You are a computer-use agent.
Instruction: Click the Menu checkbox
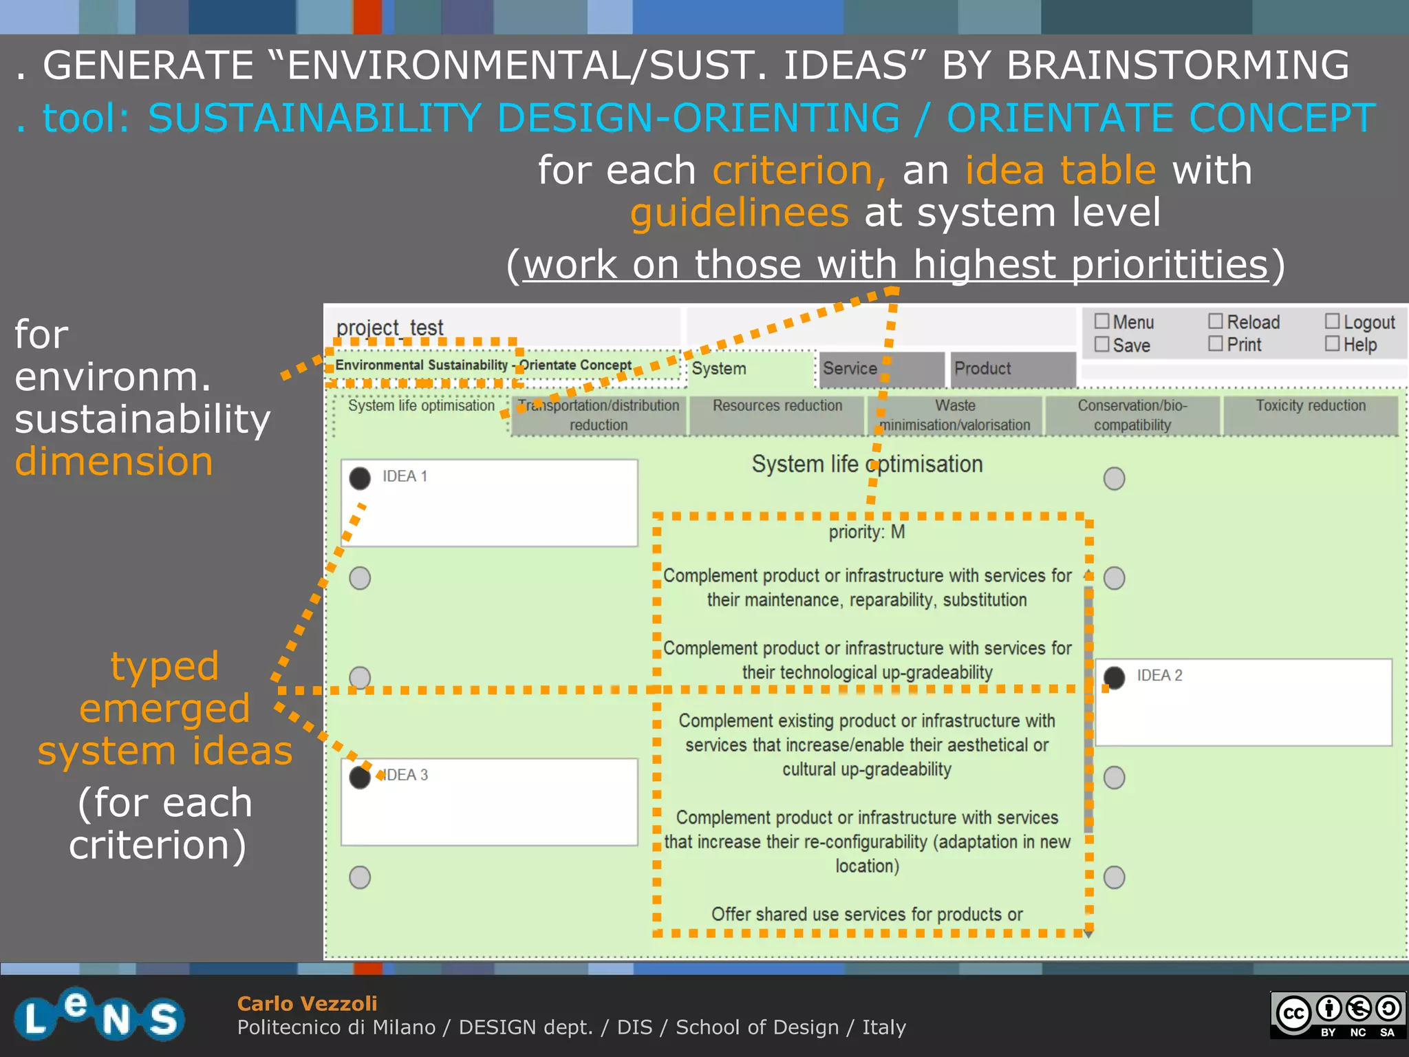pyautogui.click(x=1101, y=321)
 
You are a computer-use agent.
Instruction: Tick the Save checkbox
pyautogui.click(x=1101, y=344)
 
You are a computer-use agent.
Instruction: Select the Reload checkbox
pyautogui.click(x=1216, y=321)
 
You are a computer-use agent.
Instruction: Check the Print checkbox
pyautogui.click(x=1216, y=343)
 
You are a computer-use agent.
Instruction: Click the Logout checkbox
pyautogui.click(x=1333, y=321)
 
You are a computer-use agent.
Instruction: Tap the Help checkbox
pyautogui.click(x=1333, y=343)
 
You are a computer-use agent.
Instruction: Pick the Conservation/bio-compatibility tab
pyautogui.click(x=1132, y=415)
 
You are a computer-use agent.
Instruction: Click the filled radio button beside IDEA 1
pyautogui.click(x=360, y=478)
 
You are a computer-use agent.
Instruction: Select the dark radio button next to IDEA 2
pyautogui.click(x=1114, y=678)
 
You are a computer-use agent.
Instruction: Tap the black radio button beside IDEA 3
pyautogui.click(x=360, y=778)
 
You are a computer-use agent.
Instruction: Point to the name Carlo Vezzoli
pyautogui.click(x=307, y=1003)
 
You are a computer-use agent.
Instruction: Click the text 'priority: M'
pyautogui.click(x=867, y=532)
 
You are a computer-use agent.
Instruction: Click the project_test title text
pyautogui.click(x=389, y=328)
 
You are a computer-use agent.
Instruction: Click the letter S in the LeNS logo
pyautogui.click(x=164, y=1018)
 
